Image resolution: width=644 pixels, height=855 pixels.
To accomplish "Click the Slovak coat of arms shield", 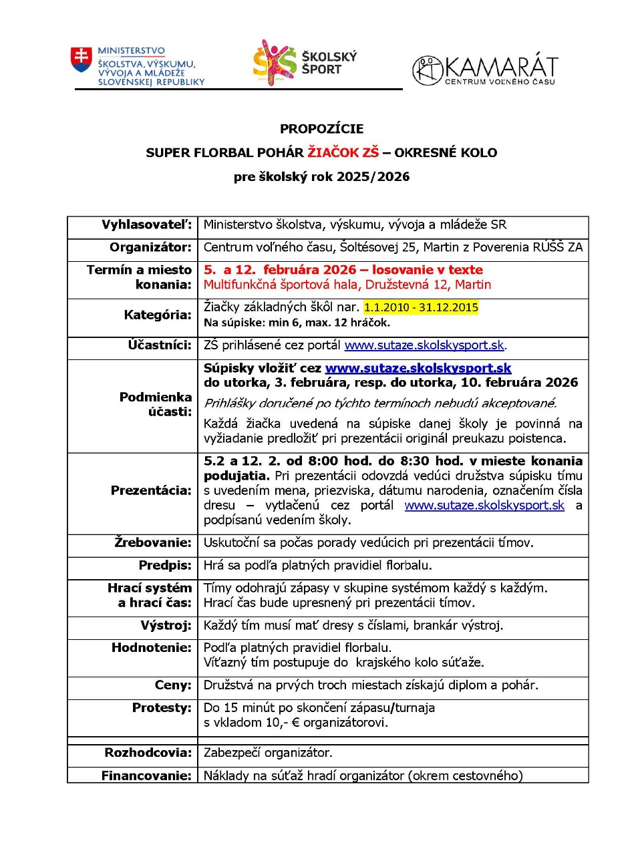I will click(x=82, y=59).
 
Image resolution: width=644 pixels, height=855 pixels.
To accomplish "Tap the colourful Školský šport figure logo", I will click(x=274, y=62).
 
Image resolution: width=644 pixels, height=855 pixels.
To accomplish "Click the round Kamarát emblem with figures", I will click(x=428, y=70).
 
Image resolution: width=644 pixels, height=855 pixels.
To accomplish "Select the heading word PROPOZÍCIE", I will click(x=321, y=129).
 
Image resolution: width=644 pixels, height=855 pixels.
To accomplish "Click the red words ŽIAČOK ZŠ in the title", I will click(x=343, y=152).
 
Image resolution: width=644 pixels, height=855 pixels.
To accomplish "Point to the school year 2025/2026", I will click(x=373, y=177).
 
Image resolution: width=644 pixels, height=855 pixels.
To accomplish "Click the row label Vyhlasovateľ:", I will click(x=146, y=225).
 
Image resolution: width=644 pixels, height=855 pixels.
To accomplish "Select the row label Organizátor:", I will click(x=150, y=247).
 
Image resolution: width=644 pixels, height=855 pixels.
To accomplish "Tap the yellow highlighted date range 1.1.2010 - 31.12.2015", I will click(x=421, y=307).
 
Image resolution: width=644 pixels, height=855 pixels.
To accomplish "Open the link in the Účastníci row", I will click(x=424, y=345).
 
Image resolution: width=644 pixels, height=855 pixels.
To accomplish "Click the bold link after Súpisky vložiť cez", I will click(x=418, y=368).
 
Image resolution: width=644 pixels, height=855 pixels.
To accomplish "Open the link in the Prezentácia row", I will click(x=484, y=506).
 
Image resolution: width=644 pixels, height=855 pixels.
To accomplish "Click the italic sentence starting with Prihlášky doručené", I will click(x=379, y=403).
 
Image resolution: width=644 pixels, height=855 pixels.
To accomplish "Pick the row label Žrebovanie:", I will click(x=153, y=542).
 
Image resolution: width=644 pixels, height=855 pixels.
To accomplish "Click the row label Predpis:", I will click(x=165, y=565).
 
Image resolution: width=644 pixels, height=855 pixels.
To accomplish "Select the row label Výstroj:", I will click(x=166, y=625).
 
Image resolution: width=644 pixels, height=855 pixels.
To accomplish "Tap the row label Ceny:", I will click(x=173, y=685).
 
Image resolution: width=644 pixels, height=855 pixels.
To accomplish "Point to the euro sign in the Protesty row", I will click(x=295, y=723).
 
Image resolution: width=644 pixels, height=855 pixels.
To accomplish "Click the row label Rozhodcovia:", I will click(x=148, y=753).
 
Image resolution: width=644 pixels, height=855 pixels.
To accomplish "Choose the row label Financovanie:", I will click(x=146, y=776).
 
